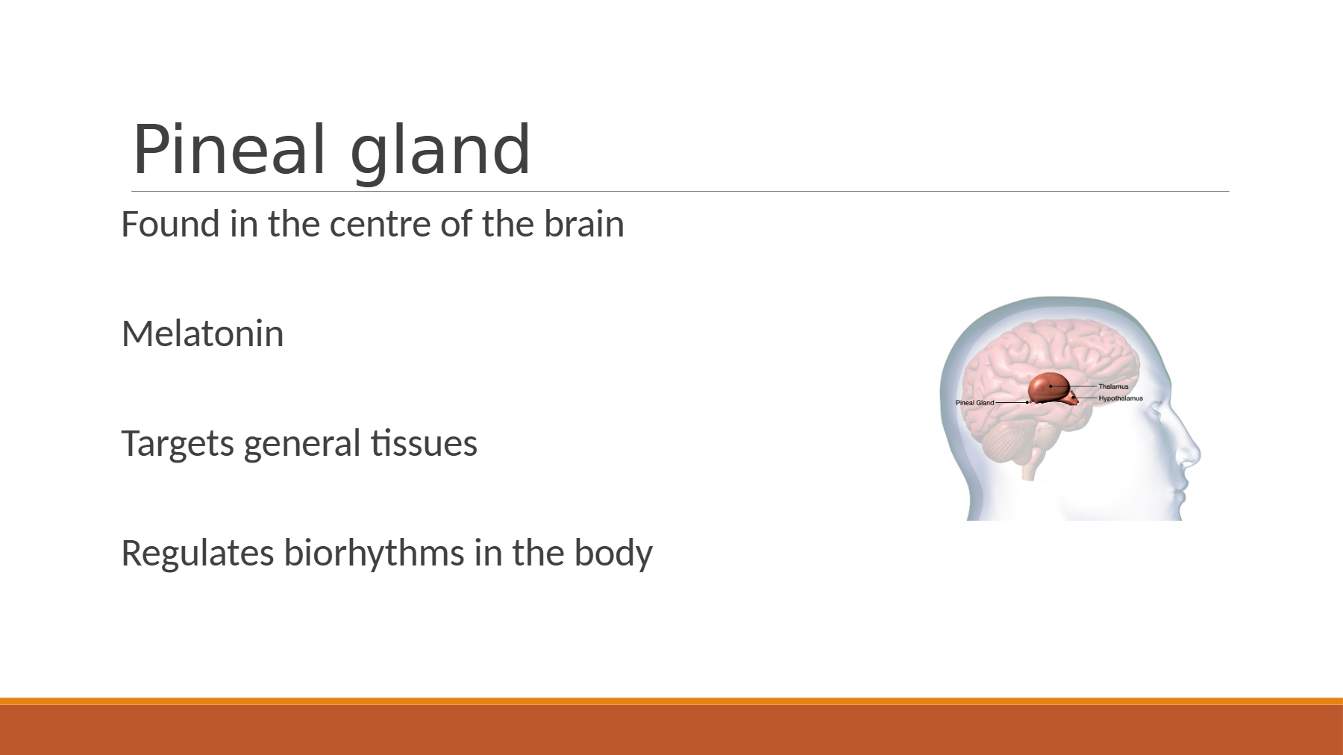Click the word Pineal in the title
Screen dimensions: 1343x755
point(229,149)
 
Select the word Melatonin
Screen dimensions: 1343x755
point(202,333)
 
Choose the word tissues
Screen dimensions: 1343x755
point(424,443)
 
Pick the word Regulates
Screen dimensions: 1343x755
point(198,554)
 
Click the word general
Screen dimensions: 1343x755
point(302,445)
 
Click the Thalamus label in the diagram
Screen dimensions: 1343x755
point(1113,386)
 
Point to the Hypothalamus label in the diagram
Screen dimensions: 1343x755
point(1121,398)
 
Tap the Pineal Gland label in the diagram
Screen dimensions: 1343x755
point(974,403)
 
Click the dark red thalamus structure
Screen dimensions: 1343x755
point(1048,386)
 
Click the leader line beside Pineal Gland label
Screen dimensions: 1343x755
point(1012,403)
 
